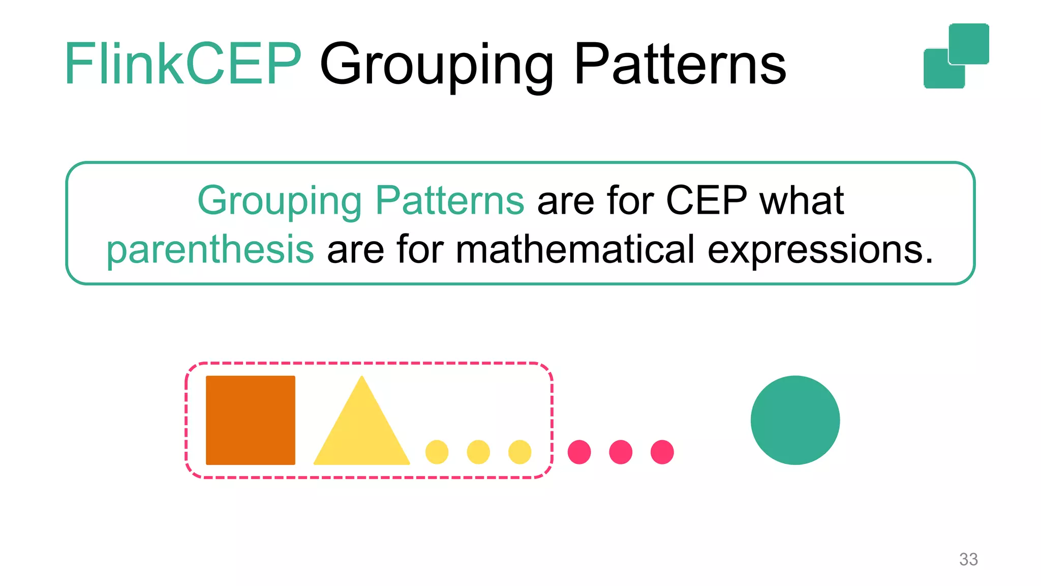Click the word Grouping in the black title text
436,66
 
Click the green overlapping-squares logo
956,56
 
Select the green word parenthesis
210,250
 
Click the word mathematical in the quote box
574,250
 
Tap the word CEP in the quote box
706,200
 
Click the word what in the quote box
802,200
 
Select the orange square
250,420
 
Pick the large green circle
795,420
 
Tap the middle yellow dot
478,452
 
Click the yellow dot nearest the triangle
437,452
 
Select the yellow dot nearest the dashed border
519,452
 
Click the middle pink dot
621,452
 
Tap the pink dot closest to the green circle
662,452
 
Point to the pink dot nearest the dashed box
579,452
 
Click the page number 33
968,559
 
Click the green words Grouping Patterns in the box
360,200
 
